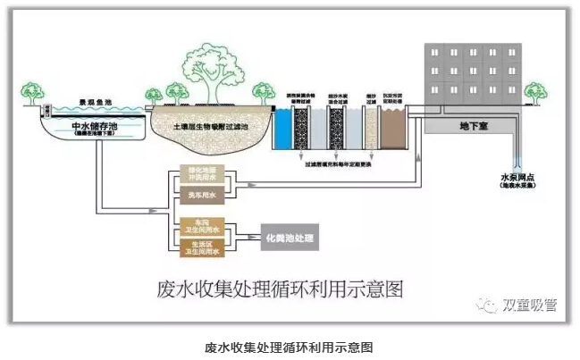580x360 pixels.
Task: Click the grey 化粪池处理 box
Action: coord(289,237)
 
